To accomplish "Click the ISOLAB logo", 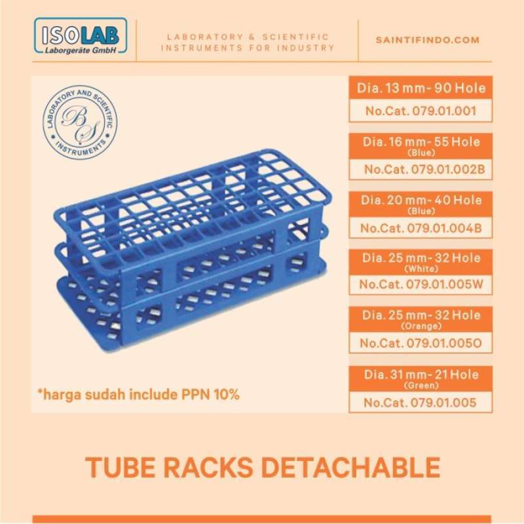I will [x=79, y=39].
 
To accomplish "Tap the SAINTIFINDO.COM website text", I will [x=428, y=40].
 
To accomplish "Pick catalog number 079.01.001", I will [x=420, y=110].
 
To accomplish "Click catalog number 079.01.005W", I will [x=421, y=284].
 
